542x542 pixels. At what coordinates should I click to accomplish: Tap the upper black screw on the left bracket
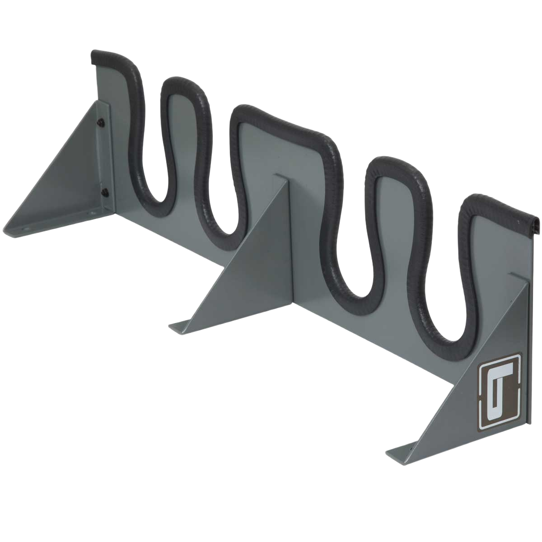pos(102,121)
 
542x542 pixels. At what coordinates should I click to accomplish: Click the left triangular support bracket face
pos(68,176)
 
